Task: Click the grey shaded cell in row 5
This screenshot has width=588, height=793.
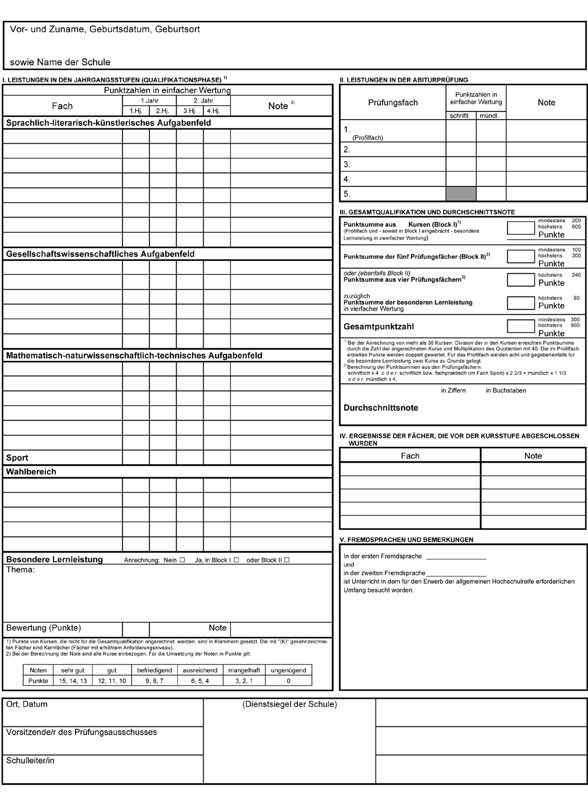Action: click(x=460, y=194)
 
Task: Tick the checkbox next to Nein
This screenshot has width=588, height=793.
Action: click(x=182, y=560)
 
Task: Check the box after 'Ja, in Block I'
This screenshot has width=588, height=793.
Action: click(x=236, y=560)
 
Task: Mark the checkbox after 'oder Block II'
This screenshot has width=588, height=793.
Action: click(x=286, y=560)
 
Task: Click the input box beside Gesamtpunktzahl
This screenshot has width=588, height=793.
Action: click(x=520, y=326)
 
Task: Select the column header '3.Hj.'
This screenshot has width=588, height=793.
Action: click(x=190, y=111)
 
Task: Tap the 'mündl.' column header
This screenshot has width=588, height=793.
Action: click(x=491, y=116)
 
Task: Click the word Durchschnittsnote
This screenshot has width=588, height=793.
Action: click(x=381, y=408)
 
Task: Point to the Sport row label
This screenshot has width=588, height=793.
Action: click(x=17, y=458)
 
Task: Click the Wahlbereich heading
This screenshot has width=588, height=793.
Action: click(x=31, y=472)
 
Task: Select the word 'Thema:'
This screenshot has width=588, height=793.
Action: click(x=20, y=570)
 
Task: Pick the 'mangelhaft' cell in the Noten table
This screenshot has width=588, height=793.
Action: click(x=244, y=670)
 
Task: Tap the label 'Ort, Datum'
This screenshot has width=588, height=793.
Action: click(x=27, y=704)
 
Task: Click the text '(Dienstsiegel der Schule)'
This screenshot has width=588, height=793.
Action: click(x=290, y=704)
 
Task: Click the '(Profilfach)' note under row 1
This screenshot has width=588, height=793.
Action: click(x=367, y=138)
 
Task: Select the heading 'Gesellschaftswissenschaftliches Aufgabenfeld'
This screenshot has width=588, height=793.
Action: click(x=100, y=254)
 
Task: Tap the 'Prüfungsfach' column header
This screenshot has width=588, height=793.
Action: click(x=393, y=103)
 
